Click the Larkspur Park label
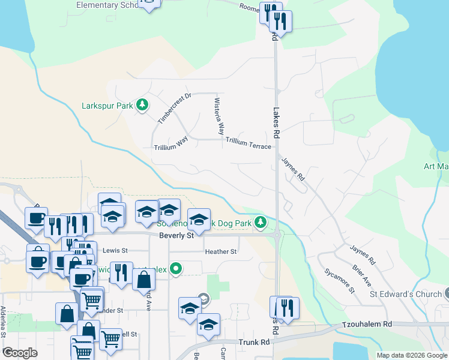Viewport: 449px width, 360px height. (107, 106)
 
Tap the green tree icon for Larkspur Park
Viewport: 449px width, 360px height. (142, 106)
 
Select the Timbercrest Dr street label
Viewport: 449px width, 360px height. (173, 108)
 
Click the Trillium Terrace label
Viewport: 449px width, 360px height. (248, 145)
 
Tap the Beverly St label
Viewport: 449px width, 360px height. (176, 236)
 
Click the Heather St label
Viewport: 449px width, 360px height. (221, 251)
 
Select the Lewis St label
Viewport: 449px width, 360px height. (115, 250)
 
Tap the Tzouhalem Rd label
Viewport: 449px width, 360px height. (367, 324)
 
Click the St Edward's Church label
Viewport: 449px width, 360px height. (405, 294)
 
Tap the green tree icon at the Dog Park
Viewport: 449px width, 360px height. (260, 223)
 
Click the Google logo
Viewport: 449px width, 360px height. (20, 353)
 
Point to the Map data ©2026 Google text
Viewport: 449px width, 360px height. (411, 355)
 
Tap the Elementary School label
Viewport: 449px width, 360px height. (108, 5)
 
